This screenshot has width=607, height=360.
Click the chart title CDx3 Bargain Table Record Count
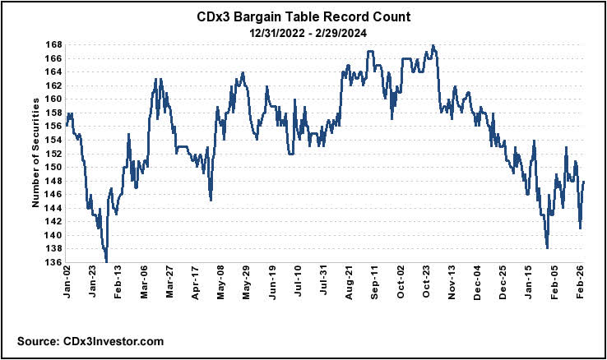click(x=303, y=16)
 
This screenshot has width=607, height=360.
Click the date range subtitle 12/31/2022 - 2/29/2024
click(x=303, y=32)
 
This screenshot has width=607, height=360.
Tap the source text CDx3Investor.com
click(x=90, y=340)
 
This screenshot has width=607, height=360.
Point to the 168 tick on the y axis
click(x=53, y=45)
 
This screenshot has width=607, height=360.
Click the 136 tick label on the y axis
click(x=53, y=262)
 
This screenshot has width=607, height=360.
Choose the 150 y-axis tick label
click(x=53, y=167)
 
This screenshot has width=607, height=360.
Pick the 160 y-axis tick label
click(x=53, y=99)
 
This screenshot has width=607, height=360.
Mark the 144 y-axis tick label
click(x=53, y=208)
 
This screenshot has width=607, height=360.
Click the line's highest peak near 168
click(x=433, y=45)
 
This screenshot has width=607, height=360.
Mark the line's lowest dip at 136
click(x=107, y=261)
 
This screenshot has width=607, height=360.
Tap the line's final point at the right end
click(x=584, y=182)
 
